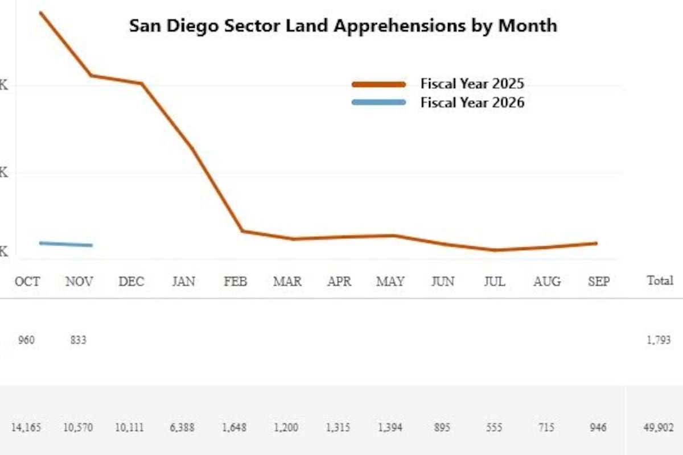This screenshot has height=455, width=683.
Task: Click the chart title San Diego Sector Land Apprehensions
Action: [343, 26]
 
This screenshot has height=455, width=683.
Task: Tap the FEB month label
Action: [235, 281]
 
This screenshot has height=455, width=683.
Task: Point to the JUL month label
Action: [494, 281]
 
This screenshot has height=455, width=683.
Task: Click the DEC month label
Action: [131, 281]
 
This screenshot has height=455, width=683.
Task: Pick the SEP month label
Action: [598, 281]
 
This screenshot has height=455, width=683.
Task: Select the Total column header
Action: [660, 280]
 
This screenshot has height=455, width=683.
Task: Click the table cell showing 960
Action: [26, 341]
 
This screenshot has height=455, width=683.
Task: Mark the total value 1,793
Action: [659, 341]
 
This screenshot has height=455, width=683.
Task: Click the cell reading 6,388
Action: [183, 427]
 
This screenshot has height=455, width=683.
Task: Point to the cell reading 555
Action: [494, 427]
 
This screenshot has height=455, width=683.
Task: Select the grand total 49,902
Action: [658, 427]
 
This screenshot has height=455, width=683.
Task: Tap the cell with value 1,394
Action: [390, 427]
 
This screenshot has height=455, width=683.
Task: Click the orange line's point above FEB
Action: [242, 231]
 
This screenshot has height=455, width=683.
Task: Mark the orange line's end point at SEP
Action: [596, 243]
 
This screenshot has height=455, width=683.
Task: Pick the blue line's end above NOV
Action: [91, 245]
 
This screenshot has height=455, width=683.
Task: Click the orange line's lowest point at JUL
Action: [495, 250]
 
